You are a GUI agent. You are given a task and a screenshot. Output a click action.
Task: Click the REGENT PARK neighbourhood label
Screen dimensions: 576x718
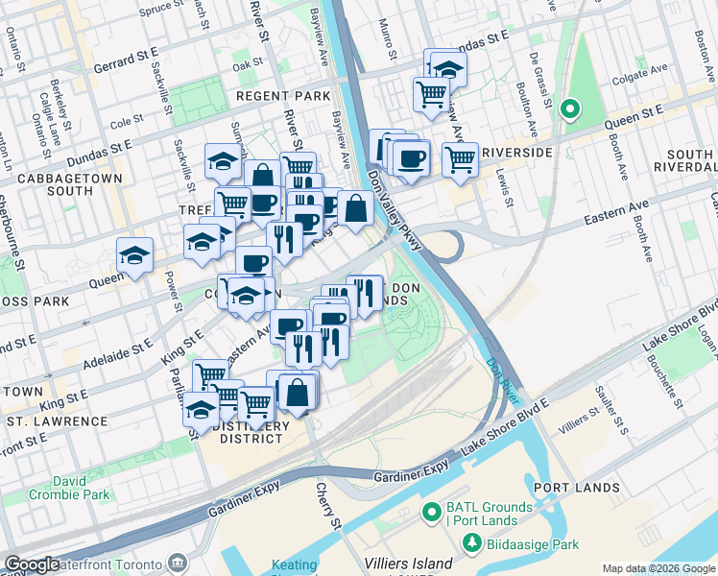point(283,97)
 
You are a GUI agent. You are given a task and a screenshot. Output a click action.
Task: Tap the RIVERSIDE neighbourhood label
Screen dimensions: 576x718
point(517,153)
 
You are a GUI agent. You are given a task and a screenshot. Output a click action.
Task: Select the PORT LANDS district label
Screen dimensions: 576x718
point(576,488)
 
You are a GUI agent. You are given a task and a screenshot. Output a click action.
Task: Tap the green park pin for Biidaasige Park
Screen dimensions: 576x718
point(471,543)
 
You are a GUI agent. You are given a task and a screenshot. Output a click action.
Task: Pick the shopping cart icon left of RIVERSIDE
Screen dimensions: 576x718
point(460,159)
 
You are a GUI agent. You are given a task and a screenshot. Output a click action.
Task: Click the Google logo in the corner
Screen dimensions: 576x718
point(32,564)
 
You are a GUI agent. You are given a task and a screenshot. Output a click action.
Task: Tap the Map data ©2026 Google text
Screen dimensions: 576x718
point(658,568)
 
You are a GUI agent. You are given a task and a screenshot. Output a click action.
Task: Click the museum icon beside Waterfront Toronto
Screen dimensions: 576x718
point(179,563)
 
